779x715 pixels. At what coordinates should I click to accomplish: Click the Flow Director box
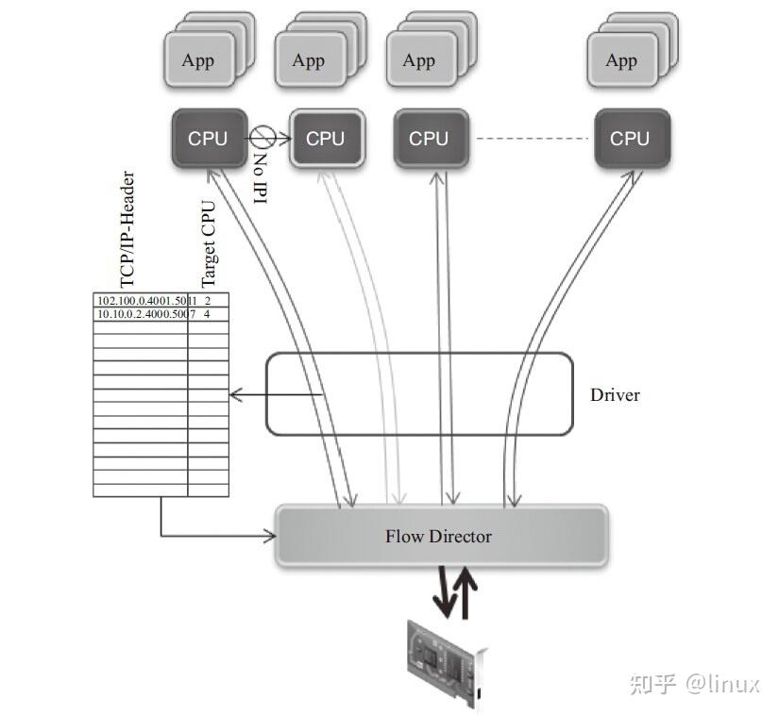[440, 536]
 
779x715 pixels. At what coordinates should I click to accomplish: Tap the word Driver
[615, 395]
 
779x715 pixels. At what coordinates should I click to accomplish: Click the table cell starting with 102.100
[140, 301]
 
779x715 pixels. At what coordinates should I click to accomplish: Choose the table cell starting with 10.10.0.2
[140, 313]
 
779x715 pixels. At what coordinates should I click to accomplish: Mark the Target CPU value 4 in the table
[207, 313]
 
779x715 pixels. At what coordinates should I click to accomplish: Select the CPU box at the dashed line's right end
[631, 138]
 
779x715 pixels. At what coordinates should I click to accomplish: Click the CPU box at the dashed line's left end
[429, 138]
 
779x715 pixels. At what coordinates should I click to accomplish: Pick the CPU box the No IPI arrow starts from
[208, 138]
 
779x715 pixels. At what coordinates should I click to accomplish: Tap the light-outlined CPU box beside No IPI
[326, 138]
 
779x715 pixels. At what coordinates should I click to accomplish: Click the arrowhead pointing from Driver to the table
[235, 394]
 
